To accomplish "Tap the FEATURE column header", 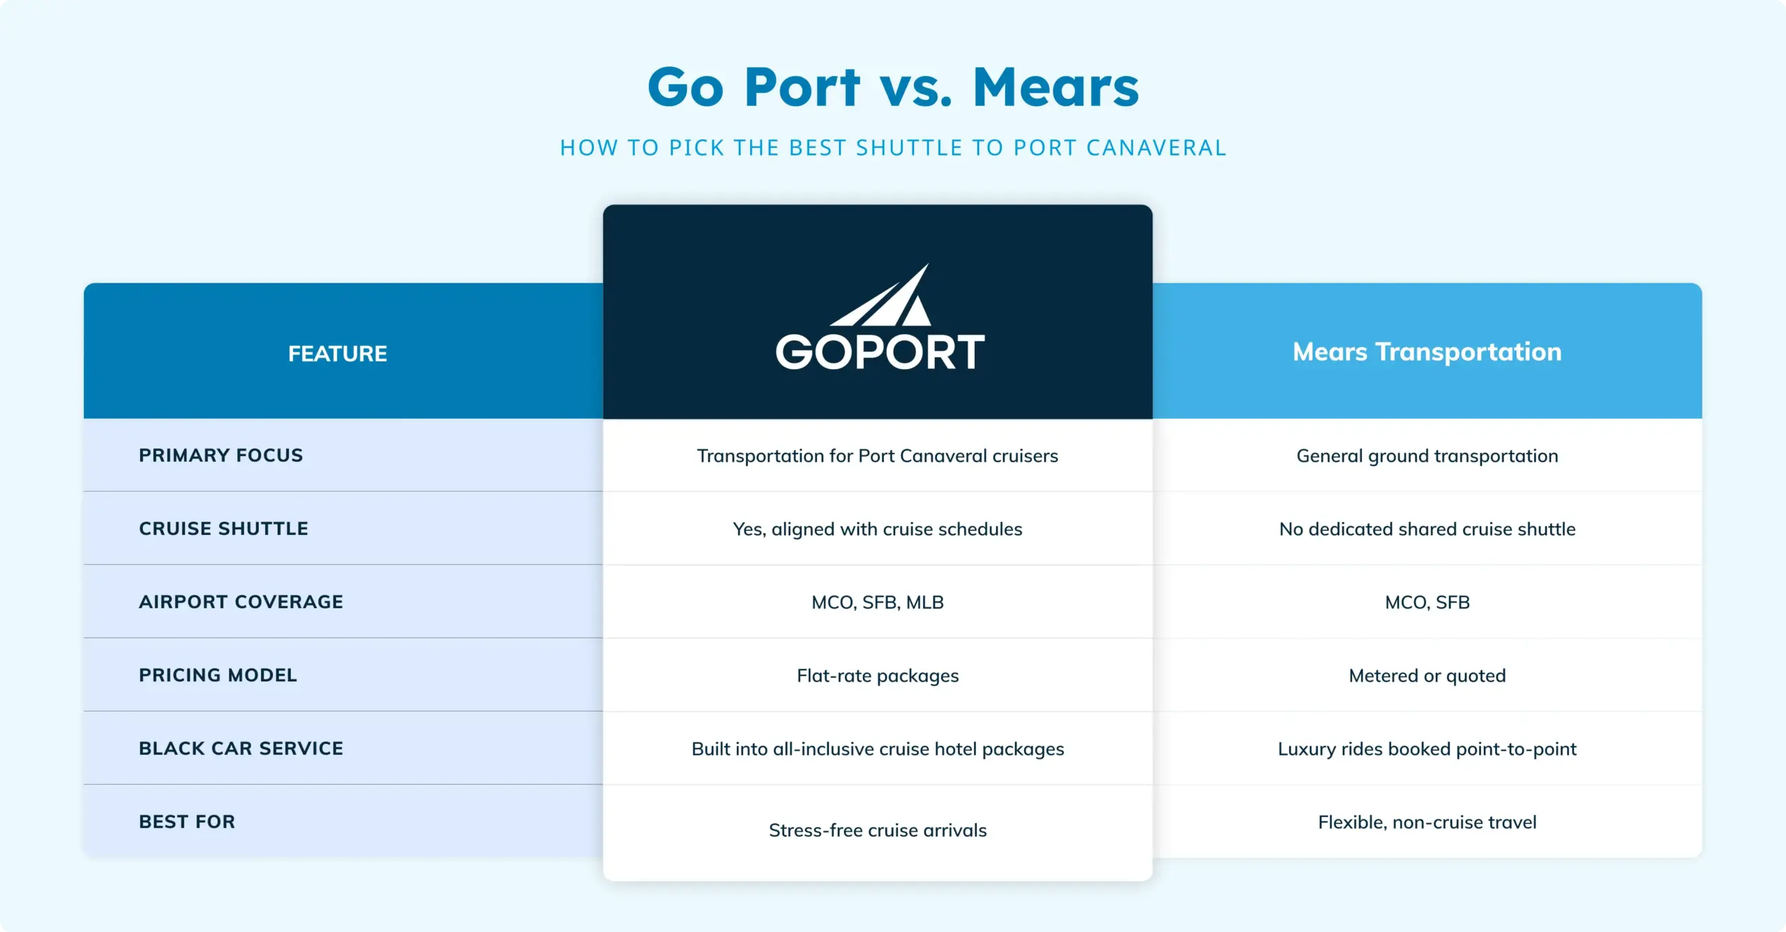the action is (x=338, y=354).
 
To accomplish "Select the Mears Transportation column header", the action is (x=1427, y=352).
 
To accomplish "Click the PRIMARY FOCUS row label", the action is (x=220, y=456).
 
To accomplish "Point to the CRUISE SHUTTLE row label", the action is (x=223, y=529).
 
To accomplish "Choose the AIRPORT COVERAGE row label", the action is (x=241, y=602).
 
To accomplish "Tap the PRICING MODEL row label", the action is (x=218, y=675).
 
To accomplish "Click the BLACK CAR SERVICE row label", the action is (x=241, y=749).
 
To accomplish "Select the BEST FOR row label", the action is (x=187, y=822).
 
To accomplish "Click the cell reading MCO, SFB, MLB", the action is (x=878, y=603).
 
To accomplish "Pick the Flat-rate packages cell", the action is (x=878, y=676).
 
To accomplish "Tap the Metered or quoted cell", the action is (x=1427, y=676).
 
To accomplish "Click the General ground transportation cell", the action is (x=1427, y=456).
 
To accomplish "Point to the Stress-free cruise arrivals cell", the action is (x=878, y=830).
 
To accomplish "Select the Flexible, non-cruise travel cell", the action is (x=1427, y=822).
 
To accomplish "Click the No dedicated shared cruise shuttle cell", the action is (x=1427, y=529).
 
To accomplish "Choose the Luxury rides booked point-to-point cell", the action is (x=1427, y=749).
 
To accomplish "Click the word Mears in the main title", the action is (x=1056, y=88).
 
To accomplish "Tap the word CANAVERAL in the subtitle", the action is (x=1156, y=148).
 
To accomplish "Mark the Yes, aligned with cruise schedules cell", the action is (x=878, y=529).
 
